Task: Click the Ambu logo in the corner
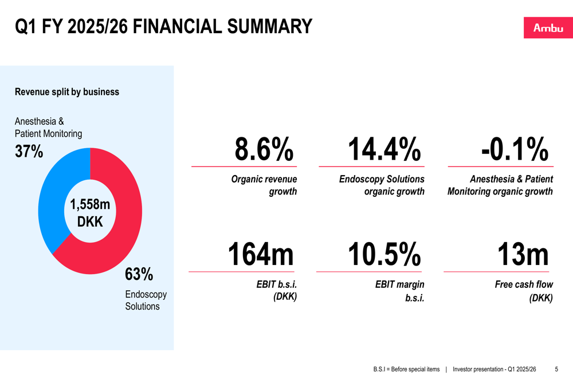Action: tap(548, 28)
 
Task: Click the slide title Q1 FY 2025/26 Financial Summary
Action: tap(163, 26)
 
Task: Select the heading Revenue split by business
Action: tap(67, 92)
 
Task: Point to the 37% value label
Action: tap(29, 152)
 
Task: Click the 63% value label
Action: tap(139, 274)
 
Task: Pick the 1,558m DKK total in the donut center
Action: tap(90, 212)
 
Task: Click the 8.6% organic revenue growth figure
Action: tap(264, 150)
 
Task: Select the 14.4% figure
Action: tap(384, 150)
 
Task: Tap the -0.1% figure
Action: tap(515, 150)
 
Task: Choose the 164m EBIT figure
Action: tap(261, 255)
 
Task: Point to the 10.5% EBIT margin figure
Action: tap(384, 255)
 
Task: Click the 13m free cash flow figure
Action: tap(523, 255)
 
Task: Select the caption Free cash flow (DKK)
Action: tap(524, 291)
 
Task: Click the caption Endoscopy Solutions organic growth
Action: tap(382, 185)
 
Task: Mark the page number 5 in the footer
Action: tap(556, 370)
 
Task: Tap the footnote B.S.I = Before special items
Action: tap(406, 370)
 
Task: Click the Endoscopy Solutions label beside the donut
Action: tap(146, 300)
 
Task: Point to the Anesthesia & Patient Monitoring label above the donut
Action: tap(48, 128)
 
